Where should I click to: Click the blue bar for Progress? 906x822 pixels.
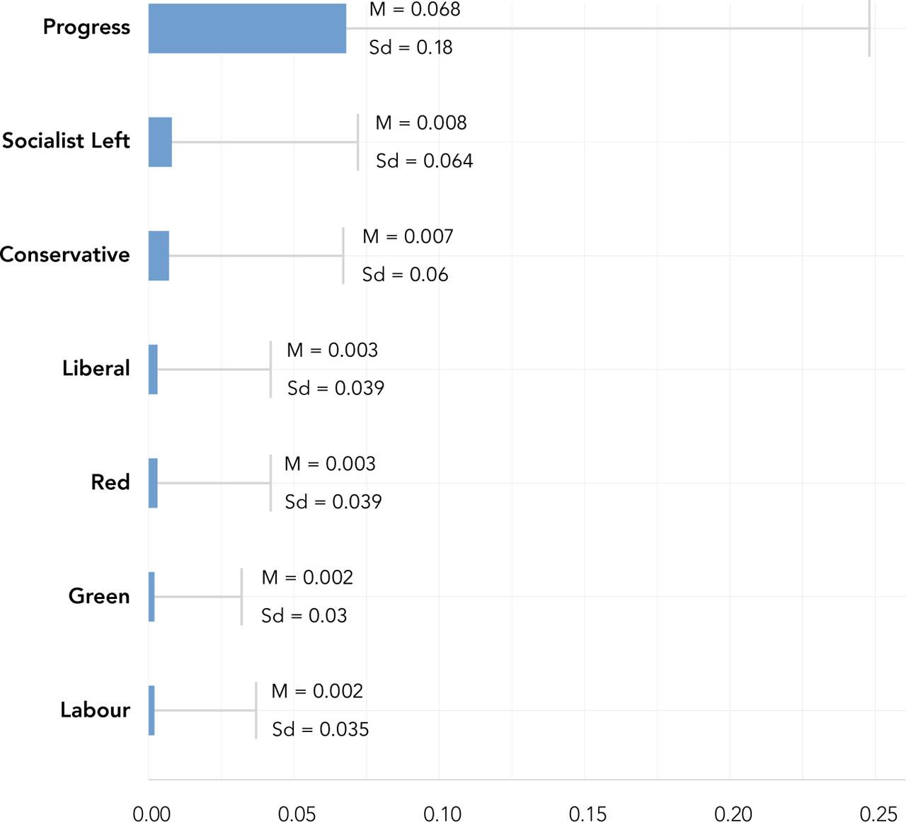247,28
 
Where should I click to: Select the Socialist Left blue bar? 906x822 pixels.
160,142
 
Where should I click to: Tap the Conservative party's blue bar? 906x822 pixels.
159,256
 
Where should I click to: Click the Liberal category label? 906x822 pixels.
96,368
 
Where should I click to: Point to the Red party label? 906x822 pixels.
110,482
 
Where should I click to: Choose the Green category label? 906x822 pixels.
98,596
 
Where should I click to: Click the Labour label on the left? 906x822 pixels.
95,710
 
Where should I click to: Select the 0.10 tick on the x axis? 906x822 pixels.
442,814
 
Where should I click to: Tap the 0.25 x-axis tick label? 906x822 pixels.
878,814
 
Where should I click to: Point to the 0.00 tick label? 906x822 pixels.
151,814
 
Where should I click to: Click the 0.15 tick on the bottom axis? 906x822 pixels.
587,814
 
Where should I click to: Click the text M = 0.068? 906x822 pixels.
415,10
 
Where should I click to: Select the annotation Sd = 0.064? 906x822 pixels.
424,161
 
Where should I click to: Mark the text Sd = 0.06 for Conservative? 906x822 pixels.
405,275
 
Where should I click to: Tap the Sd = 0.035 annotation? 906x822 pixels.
321,729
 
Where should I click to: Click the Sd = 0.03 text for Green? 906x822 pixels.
304,615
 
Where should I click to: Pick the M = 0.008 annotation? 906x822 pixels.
421,123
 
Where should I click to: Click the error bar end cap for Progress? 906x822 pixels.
869,28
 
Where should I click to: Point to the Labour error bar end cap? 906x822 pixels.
256,710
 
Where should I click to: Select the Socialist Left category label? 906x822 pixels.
66,141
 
